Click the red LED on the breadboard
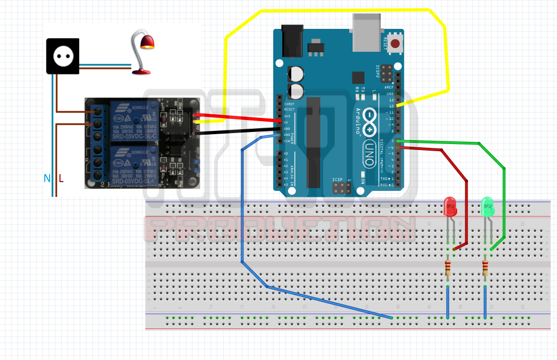point(451,207)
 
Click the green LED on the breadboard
point(488,207)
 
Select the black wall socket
point(63,56)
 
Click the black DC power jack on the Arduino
point(291,40)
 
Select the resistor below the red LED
point(448,268)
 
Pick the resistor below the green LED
point(485,268)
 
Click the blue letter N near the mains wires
point(47,178)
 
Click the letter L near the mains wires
point(61,178)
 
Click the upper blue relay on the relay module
point(134,120)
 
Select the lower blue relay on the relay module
point(134,164)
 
